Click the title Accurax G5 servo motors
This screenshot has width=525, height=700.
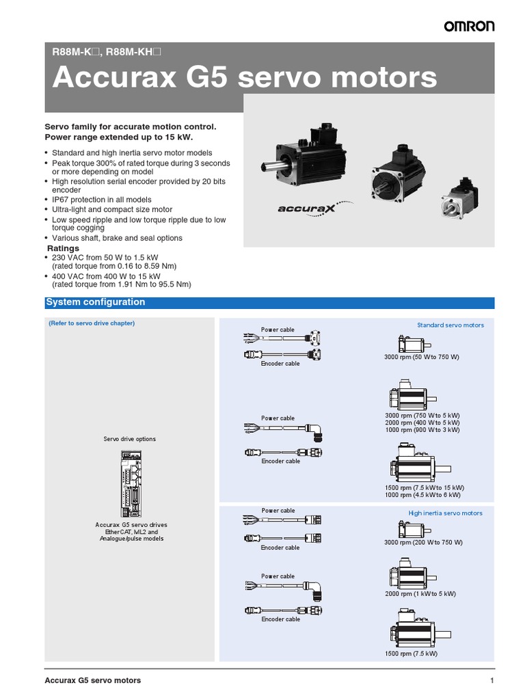point(245,78)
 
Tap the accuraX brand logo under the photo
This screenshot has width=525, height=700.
point(306,207)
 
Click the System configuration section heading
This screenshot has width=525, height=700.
point(95,302)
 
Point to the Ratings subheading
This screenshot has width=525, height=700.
point(63,248)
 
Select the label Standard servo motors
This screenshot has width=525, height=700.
point(450,325)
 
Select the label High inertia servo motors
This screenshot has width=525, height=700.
point(445,513)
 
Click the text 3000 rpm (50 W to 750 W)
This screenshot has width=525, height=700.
point(422,358)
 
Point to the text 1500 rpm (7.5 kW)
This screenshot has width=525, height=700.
point(411,654)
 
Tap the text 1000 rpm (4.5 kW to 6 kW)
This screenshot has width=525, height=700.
point(422,495)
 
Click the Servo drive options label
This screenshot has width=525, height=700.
point(129,439)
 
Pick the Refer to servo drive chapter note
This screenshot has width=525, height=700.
point(92,323)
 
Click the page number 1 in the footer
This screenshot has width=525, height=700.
point(491,680)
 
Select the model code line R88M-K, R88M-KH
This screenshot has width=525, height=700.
point(107,51)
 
